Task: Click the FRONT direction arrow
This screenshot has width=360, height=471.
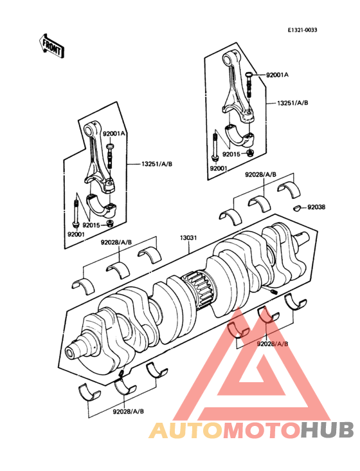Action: pyautogui.click(x=51, y=46)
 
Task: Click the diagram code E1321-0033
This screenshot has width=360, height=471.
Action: pyautogui.click(x=302, y=30)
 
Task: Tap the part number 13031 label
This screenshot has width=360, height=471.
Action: pyautogui.click(x=188, y=238)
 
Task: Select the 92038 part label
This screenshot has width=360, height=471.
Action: pyautogui.click(x=316, y=207)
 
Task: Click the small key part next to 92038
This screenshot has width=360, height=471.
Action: pyautogui.click(x=297, y=208)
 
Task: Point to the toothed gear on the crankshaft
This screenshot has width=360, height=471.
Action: pyautogui.click(x=199, y=290)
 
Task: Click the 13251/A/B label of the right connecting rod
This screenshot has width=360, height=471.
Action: pyautogui.click(x=292, y=103)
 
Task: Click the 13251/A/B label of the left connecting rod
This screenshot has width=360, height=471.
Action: pyautogui.click(x=157, y=164)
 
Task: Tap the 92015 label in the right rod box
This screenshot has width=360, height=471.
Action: pyautogui.click(x=231, y=154)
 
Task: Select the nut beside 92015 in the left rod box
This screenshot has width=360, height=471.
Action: pyautogui.click(x=111, y=223)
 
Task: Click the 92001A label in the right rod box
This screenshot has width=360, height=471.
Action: pyautogui.click(x=277, y=75)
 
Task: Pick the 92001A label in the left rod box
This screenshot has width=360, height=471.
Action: pyautogui.click(x=114, y=133)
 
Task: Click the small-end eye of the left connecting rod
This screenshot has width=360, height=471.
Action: pyautogui.click(x=89, y=130)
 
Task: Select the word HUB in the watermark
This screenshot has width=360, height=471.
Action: pyautogui.click(x=327, y=430)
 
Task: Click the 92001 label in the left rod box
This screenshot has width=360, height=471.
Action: pyautogui.click(x=76, y=235)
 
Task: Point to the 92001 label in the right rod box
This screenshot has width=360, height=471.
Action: pyautogui.click(x=219, y=169)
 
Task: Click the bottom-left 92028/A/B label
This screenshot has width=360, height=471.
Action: pyautogui.click(x=128, y=411)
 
